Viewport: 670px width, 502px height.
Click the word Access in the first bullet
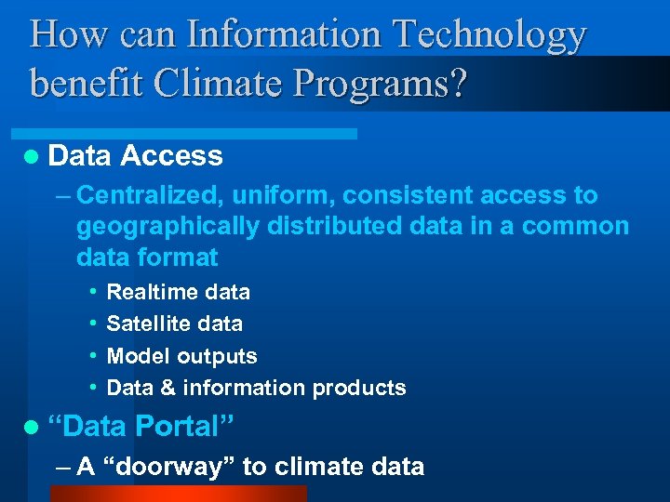coord(172,156)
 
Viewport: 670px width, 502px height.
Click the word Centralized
coord(151,196)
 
